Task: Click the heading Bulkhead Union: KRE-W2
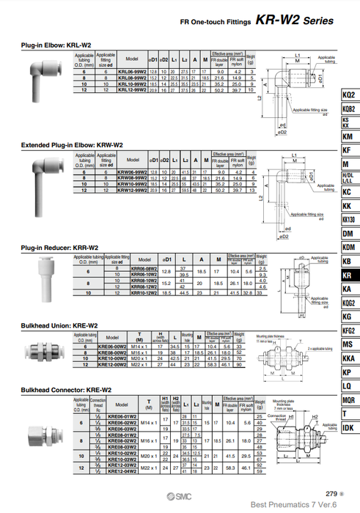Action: coord(59,325)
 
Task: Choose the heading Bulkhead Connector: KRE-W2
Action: coord(65,389)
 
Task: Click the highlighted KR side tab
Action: coord(348,275)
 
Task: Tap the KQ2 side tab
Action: coord(348,96)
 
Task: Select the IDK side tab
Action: coord(348,427)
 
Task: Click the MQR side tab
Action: coord(348,399)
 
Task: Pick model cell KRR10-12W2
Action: coord(144,293)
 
